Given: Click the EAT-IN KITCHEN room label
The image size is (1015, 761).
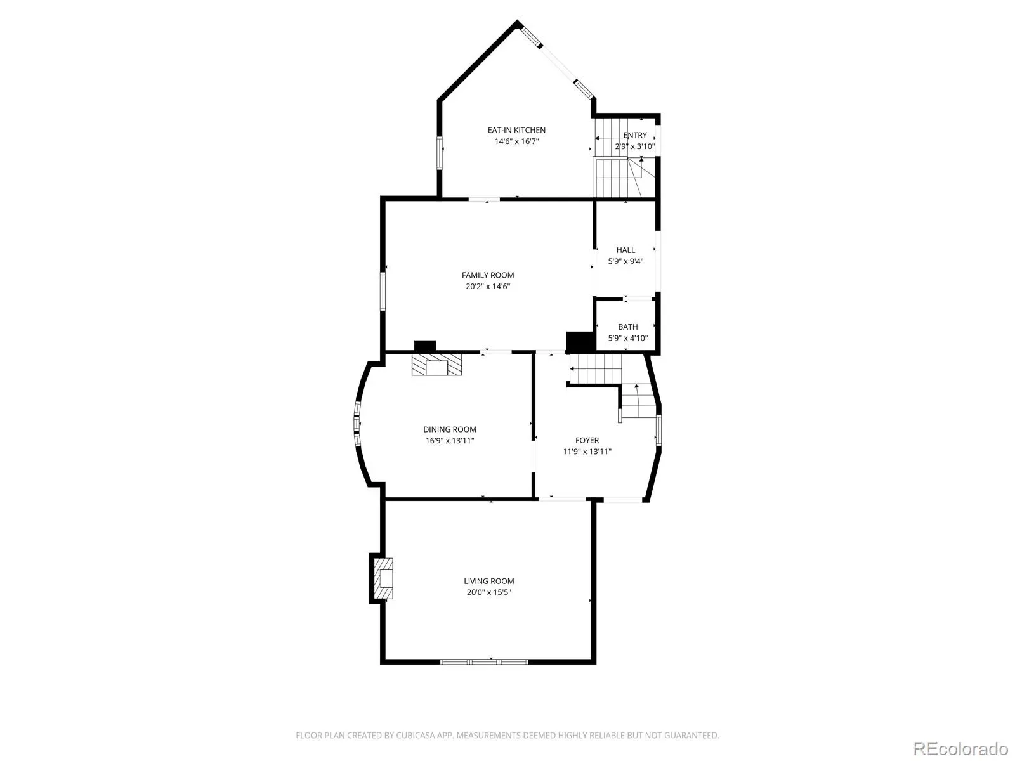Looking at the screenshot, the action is pyautogui.click(x=516, y=130).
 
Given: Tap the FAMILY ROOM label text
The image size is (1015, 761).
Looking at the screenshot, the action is pyautogui.click(x=487, y=275).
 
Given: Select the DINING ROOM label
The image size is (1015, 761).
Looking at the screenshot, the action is pyautogui.click(x=450, y=430).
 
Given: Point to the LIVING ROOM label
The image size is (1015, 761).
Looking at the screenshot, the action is pyautogui.click(x=488, y=582).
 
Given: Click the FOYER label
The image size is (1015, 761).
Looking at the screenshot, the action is pyautogui.click(x=587, y=441).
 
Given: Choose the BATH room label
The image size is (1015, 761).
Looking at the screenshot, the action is pyautogui.click(x=627, y=327).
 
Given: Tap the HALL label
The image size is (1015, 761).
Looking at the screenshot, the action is pyautogui.click(x=625, y=250).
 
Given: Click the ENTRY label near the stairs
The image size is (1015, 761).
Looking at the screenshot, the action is pyautogui.click(x=635, y=135).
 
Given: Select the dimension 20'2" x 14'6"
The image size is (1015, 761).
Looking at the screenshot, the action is pyautogui.click(x=487, y=287).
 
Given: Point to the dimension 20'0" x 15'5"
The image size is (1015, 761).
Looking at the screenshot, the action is pyautogui.click(x=488, y=592).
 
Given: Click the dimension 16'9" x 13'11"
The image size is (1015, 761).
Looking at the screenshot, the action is pyautogui.click(x=450, y=441).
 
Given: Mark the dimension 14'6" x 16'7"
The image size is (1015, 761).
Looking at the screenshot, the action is pyautogui.click(x=516, y=141).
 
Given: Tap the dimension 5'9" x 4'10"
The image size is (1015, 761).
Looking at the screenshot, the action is pyautogui.click(x=627, y=338).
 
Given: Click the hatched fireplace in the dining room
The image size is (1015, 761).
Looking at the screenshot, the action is pyautogui.click(x=437, y=365).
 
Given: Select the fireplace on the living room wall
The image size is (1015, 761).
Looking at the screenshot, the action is pyautogui.click(x=383, y=578).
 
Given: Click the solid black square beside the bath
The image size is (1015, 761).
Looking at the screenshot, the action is pyautogui.click(x=580, y=342).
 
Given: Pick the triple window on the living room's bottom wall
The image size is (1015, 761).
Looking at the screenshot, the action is pyautogui.click(x=483, y=661).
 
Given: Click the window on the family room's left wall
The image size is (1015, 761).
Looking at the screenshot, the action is pyautogui.click(x=383, y=290).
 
